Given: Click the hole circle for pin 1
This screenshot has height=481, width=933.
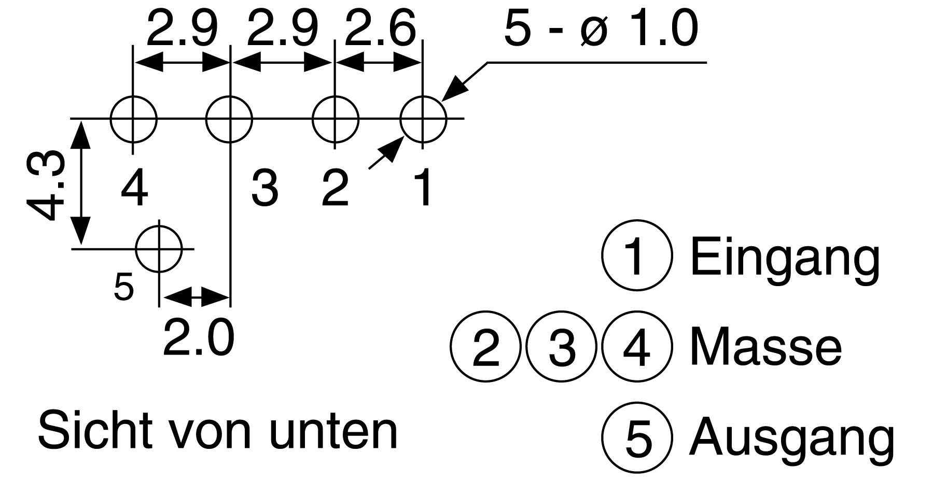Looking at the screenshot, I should (423, 119).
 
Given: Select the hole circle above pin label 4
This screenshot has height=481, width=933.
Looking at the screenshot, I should (133, 119).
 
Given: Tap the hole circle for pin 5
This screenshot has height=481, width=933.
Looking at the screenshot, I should (159, 249).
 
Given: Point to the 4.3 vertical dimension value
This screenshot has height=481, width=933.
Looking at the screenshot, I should (46, 186).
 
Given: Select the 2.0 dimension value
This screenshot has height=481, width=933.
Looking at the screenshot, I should (198, 338).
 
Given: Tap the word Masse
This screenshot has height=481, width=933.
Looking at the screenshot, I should (765, 347).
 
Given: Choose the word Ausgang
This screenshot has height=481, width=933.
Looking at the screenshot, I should (791, 438).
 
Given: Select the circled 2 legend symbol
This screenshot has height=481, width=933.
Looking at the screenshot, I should (485, 346).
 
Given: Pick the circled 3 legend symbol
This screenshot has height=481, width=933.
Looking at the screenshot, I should (561, 346).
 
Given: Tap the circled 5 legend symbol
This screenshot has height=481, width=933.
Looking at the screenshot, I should (638, 438).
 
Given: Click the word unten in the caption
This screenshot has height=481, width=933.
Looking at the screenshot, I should (334, 431).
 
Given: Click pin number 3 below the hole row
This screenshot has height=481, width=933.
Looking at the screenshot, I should (264, 188).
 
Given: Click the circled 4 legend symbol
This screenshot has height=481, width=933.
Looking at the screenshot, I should (637, 346).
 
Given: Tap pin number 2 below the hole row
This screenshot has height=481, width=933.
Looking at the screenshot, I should (335, 188).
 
